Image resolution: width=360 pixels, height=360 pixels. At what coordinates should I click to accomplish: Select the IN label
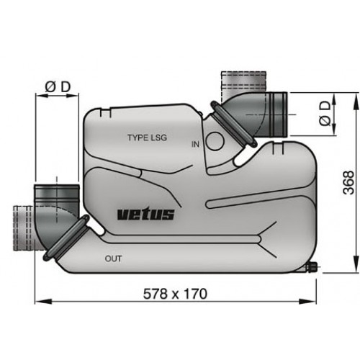[x=195, y=145]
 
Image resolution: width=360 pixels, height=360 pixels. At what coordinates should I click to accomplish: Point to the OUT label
[x=113, y=258]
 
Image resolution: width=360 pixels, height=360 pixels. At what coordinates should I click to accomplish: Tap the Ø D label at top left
[x=58, y=87]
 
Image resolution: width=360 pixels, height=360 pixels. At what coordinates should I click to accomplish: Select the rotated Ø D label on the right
[x=325, y=114]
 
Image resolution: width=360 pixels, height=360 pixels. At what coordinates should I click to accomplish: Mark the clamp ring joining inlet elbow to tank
[x=231, y=122]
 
